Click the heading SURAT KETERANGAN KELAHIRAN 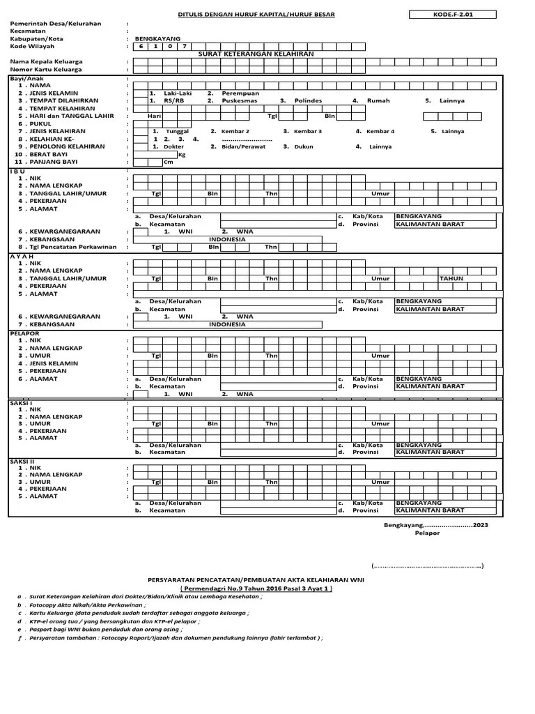click(x=256, y=54)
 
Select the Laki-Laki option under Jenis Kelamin click(x=177, y=93)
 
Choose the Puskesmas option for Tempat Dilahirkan click(x=238, y=100)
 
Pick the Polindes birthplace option click(x=308, y=100)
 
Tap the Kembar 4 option click(x=380, y=131)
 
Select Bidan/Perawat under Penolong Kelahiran click(x=244, y=146)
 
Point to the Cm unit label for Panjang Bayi click(x=168, y=162)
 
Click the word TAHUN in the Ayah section click(x=451, y=278)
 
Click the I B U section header click(x=17, y=171)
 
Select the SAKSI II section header click(x=22, y=460)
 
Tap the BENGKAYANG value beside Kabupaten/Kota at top click(x=157, y=38)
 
